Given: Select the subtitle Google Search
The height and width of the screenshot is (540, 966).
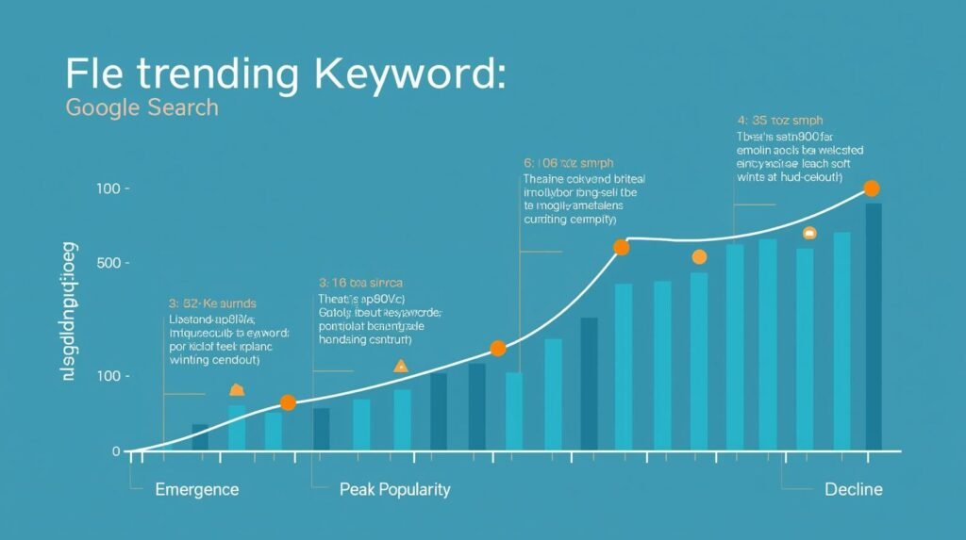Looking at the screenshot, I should click(x=142, y=107).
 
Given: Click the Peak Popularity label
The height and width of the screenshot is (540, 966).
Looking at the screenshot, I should click(x=393, y=489).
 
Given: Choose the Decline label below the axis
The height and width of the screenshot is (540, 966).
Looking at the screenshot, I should click(x=853, y=489).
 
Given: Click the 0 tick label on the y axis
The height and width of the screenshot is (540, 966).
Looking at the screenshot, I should click(x=116, y=451).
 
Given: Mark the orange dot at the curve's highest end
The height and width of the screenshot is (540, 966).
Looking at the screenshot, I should click(x=872, y=188).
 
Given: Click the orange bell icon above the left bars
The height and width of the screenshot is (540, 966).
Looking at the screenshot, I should click(x=237, y=390).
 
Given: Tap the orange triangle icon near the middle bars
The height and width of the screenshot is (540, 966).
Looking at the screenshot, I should click(x=401, y=367).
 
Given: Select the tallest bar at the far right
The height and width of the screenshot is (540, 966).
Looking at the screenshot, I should click(x=874, y=325).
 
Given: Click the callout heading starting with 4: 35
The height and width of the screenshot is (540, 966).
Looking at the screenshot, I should click(x=779, y=121).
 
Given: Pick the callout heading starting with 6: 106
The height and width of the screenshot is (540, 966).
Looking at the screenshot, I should click(x=569, y=162).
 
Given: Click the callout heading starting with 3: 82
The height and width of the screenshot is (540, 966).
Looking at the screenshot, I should click(x=212, y=303).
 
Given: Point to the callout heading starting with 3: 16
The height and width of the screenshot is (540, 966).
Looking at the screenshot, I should click(x=361, y=282).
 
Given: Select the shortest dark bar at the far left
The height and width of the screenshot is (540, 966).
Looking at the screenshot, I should click(x=200, y=436).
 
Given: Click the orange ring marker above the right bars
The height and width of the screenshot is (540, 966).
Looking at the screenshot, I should click(x=809, y=233).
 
